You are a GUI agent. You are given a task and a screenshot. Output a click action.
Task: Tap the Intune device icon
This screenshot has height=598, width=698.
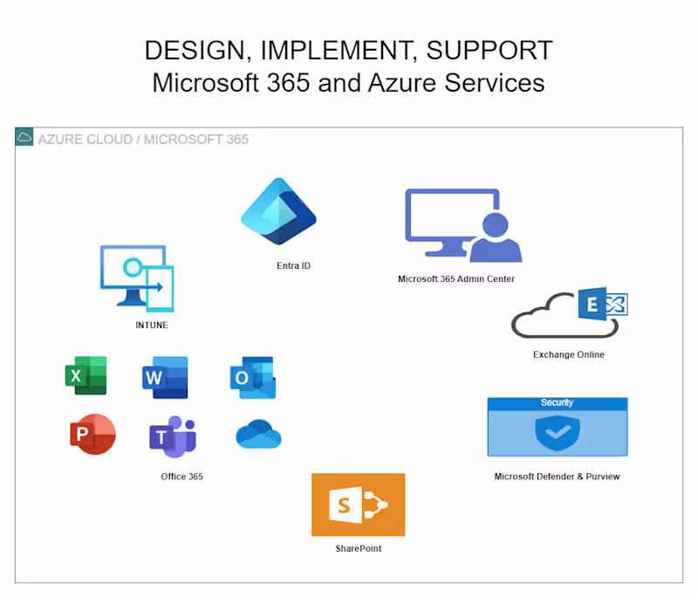[x=137, y=278]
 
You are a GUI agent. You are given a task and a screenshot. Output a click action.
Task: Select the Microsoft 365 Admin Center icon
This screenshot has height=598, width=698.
[x=462, y=225]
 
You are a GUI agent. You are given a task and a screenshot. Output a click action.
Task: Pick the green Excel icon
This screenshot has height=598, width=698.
[x=86, y=375]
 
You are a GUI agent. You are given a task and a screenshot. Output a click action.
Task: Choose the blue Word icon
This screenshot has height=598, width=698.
[x=164, y=377]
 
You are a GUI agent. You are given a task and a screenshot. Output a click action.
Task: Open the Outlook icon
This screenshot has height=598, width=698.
[x=252, y=377]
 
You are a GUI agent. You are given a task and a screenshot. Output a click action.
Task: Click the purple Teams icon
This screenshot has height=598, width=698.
[x=172, y=436]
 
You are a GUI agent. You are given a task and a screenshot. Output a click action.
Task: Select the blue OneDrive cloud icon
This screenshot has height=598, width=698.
[x=258, y=435]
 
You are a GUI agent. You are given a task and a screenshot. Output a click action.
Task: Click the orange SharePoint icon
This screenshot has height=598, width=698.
[x=358, y=505]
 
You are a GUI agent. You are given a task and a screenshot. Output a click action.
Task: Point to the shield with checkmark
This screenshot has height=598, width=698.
[x=557, y=432]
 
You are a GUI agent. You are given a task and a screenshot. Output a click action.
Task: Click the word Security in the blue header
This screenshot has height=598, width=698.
[x=557, y=402]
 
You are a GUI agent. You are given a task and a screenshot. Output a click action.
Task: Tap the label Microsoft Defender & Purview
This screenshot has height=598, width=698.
[x=557, y=477]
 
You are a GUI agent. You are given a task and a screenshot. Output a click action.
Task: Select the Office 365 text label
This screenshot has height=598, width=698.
[x=181, y=477]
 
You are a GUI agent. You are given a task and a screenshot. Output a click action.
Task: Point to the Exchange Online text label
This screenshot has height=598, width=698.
[x=568, y=354]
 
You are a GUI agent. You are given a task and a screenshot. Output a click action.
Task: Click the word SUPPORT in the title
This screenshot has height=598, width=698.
[x=489, y=51]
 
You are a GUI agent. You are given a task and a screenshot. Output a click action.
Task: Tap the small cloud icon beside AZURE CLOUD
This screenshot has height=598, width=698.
[x=24, y=138]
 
